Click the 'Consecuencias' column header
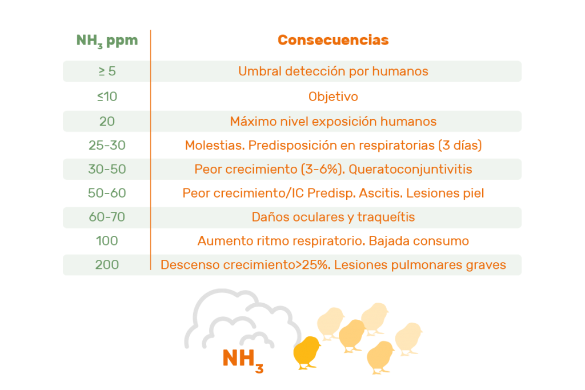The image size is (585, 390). coord(333,40)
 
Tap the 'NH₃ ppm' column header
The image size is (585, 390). coord(107,41)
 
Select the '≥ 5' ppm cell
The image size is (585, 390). coord(107,71)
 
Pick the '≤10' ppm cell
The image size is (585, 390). coord(107,97)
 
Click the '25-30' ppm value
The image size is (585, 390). coord(107,145)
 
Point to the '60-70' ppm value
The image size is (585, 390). coord(107,216)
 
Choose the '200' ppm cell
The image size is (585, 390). coord(107,264)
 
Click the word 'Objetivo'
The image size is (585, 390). coord(333,97)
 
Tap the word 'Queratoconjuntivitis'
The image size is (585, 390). coord(410,169)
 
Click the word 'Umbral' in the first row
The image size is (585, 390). coord(260,71)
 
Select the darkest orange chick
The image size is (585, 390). coord(307,353)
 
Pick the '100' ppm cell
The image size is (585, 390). coord(107,240)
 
